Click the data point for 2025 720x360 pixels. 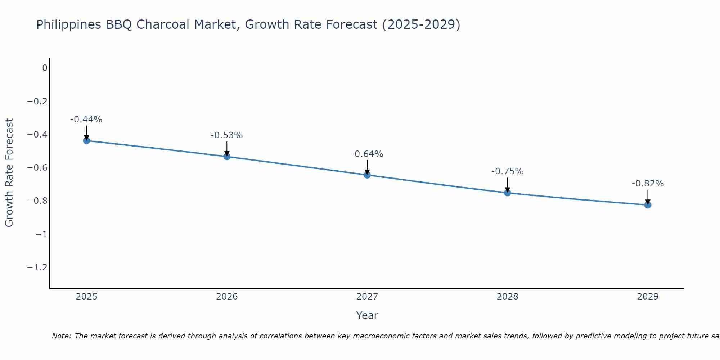click(x=86, y=140)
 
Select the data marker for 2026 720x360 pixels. click(x=227, y=156)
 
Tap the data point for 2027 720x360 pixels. click(x=367, y=175)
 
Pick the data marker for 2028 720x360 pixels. click(x=507, y=193)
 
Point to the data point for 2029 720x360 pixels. click(x=648, y=205)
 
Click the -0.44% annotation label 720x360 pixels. click(x=86, y=120)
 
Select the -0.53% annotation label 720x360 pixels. click(x=227, y=135)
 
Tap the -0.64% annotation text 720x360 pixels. click(x=367, y=154)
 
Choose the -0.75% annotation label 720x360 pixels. click(x=507, y=171)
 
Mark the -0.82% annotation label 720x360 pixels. click(x=648, y=184)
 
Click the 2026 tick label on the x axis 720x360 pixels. click(x=227, y=297)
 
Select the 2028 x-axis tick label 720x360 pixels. click(x=507, y=297)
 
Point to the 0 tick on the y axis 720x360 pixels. click(x=45, y=68)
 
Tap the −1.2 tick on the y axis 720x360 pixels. click(x=37, y=267)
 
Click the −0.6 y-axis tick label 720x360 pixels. click(x=37, y=168)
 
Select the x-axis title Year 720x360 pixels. click(x=367, y=315)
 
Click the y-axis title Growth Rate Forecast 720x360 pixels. click(x=9, y=173)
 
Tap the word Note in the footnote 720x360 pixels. click(x=61, y=336)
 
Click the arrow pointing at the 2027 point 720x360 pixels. click(x=367, y=167)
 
